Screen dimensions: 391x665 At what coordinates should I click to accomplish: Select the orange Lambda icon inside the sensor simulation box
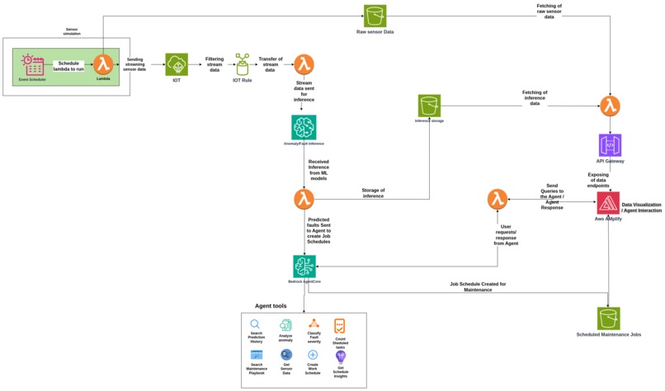(103, 64)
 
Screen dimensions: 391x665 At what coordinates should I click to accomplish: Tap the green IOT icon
(177, 64)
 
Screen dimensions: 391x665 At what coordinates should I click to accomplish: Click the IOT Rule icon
(243, 64)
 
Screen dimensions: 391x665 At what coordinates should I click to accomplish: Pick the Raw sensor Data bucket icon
(375, 16)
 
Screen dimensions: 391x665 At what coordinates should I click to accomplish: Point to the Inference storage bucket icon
(429, 106)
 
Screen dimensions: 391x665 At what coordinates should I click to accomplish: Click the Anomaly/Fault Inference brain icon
(304, 127)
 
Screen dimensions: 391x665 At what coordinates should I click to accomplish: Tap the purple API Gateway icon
(610, 145)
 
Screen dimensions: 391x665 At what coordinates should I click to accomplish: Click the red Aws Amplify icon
(609, 203)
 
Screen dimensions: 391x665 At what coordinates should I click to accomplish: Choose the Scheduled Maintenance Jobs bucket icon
(609, 318)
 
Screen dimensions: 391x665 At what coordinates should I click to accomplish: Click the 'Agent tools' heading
(271, 306)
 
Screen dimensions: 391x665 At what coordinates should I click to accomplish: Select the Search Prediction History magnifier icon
(256, 325)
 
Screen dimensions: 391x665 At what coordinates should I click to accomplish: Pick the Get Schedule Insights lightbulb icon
(340, 356)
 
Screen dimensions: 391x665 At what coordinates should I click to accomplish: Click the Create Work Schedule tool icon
(313, 355)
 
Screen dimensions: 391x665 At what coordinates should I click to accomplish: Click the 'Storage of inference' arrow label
(373, 193)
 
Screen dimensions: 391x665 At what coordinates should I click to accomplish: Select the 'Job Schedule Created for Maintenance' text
(478, 286)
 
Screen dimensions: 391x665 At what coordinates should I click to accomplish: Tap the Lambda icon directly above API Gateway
(610, 106)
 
